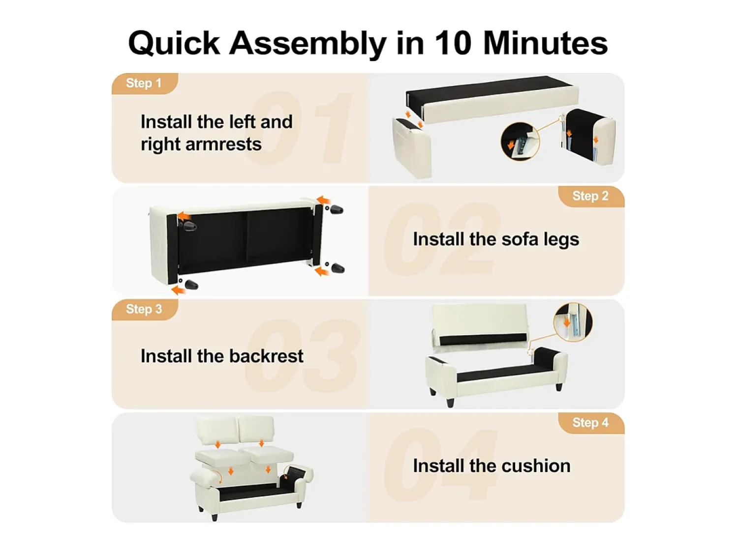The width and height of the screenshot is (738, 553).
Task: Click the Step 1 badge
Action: pyautogui.click(x=145, y=83)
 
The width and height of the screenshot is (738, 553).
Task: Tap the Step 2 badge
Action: pyautogui.click(x=591, y=196)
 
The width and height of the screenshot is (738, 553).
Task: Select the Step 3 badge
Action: pyautogui.click(x=145, y=309)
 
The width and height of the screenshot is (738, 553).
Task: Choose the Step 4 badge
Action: pyautogui.click(x=591, y=423)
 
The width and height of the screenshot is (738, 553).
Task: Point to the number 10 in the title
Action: pyautogui.click(x=453, y=43)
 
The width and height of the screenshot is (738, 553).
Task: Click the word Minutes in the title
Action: pyautogui.click(x=545, y=43)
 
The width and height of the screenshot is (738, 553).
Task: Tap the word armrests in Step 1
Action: pyautogui.click(x=223, y=145)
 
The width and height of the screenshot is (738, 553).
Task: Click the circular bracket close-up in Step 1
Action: pyautogui.click(x=520, y=142)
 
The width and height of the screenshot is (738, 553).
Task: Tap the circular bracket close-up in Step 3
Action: pyautogui.click(x=573, y=321)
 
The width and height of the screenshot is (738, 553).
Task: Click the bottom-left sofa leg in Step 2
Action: pyautogui.click(x=192, y=285)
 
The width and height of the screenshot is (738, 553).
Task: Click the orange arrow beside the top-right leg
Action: pyautogui.click(x=324, y=201)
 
